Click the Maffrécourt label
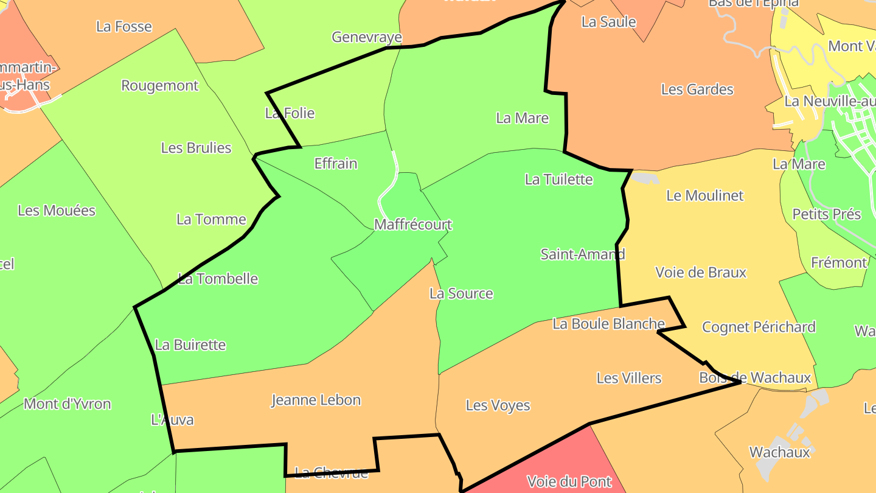click(x=413, y=225)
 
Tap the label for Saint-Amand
click(x=582, y=254)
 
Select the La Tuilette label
click(x=558, y=179)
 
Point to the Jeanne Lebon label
click(x=316, y=400)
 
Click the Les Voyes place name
click(x=498, y=405)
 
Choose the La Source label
click(x=461, y=293)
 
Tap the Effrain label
click(x=336, y=163)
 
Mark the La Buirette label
click(x=190, y=344)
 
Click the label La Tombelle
click(x=218, y=279)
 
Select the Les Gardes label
click(x=697, y=89)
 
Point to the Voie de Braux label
click(x=701, y=272)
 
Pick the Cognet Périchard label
click(x=759, y=327)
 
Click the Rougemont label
click(x=160, y=85)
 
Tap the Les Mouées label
click(x=57, y=211)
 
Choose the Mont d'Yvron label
click(x=68, y=404)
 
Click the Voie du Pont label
click(x=569, y=481)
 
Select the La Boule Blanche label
click(x=608, y=324)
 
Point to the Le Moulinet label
click(x=705, y=195)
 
